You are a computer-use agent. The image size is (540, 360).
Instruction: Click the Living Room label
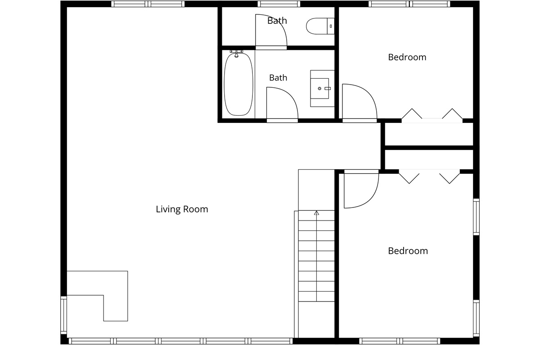pyautogui.click(x=182, y=209)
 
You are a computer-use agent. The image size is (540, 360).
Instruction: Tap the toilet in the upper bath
pyautogui.click(x=320, y=26)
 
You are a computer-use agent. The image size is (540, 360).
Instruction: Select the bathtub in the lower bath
pyautogui.click(x=238, y=84)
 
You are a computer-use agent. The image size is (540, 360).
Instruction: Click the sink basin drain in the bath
pyautogui.click(x=319, y=89)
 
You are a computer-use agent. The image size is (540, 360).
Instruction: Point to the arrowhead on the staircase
pyautogui.click(x=316, y=213)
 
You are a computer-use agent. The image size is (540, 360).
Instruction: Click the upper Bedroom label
pyautogui.click(x=407, y=58)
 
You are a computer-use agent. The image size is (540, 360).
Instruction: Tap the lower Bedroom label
pyautogui.click(x=408, y=251)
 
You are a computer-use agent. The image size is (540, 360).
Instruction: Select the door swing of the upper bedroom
pyautogui.click(x=360, y=101)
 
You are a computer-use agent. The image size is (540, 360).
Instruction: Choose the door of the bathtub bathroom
pyautogui.click(x=282, y=103)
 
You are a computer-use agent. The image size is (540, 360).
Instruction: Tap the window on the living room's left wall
pyautogui.click(x=63, y=315)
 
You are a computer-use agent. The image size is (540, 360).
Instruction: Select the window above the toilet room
pyautogui.click(x=279, y=4)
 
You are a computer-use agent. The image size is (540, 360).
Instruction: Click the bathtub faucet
pyautogui.click(x=237, y=54)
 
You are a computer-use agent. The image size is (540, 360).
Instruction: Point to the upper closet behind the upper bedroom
pyautogui.click(x=429, y=134)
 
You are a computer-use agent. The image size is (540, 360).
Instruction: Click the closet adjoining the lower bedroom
pyautogui.click(x=429, y=160)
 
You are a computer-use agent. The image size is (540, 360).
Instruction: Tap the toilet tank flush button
pyautogui.click(x=331, y=26)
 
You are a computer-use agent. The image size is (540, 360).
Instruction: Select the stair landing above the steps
pyautogui.click(x=316, y=190)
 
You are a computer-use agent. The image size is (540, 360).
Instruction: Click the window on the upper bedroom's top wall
pyautogui.click(x=409, y=4)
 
